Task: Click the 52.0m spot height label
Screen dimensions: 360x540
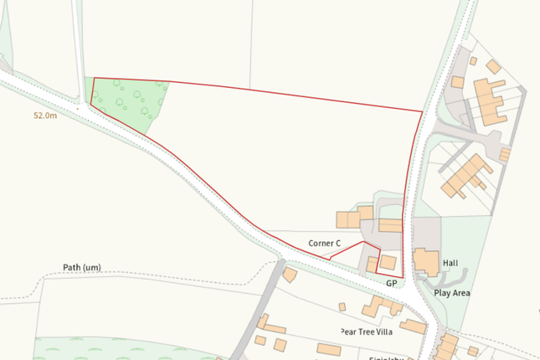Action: [45, 116]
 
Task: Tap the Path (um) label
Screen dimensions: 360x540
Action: [82, 268]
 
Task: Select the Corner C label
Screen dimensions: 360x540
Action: [325, 244]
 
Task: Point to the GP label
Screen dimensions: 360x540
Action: [391, 284]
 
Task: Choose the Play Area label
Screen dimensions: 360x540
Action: [452, 293]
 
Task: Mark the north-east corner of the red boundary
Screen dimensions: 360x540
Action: [422, 111]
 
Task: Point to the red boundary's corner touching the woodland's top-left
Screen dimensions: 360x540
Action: [94, 79]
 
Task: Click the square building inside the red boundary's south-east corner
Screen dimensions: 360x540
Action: [388, 262]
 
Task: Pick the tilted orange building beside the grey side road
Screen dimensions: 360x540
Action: [290, 275]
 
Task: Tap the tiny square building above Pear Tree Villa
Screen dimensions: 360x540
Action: [342, 307]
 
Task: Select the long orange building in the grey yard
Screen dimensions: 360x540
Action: [390, 225]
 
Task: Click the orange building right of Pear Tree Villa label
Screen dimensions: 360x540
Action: [412, 325]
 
